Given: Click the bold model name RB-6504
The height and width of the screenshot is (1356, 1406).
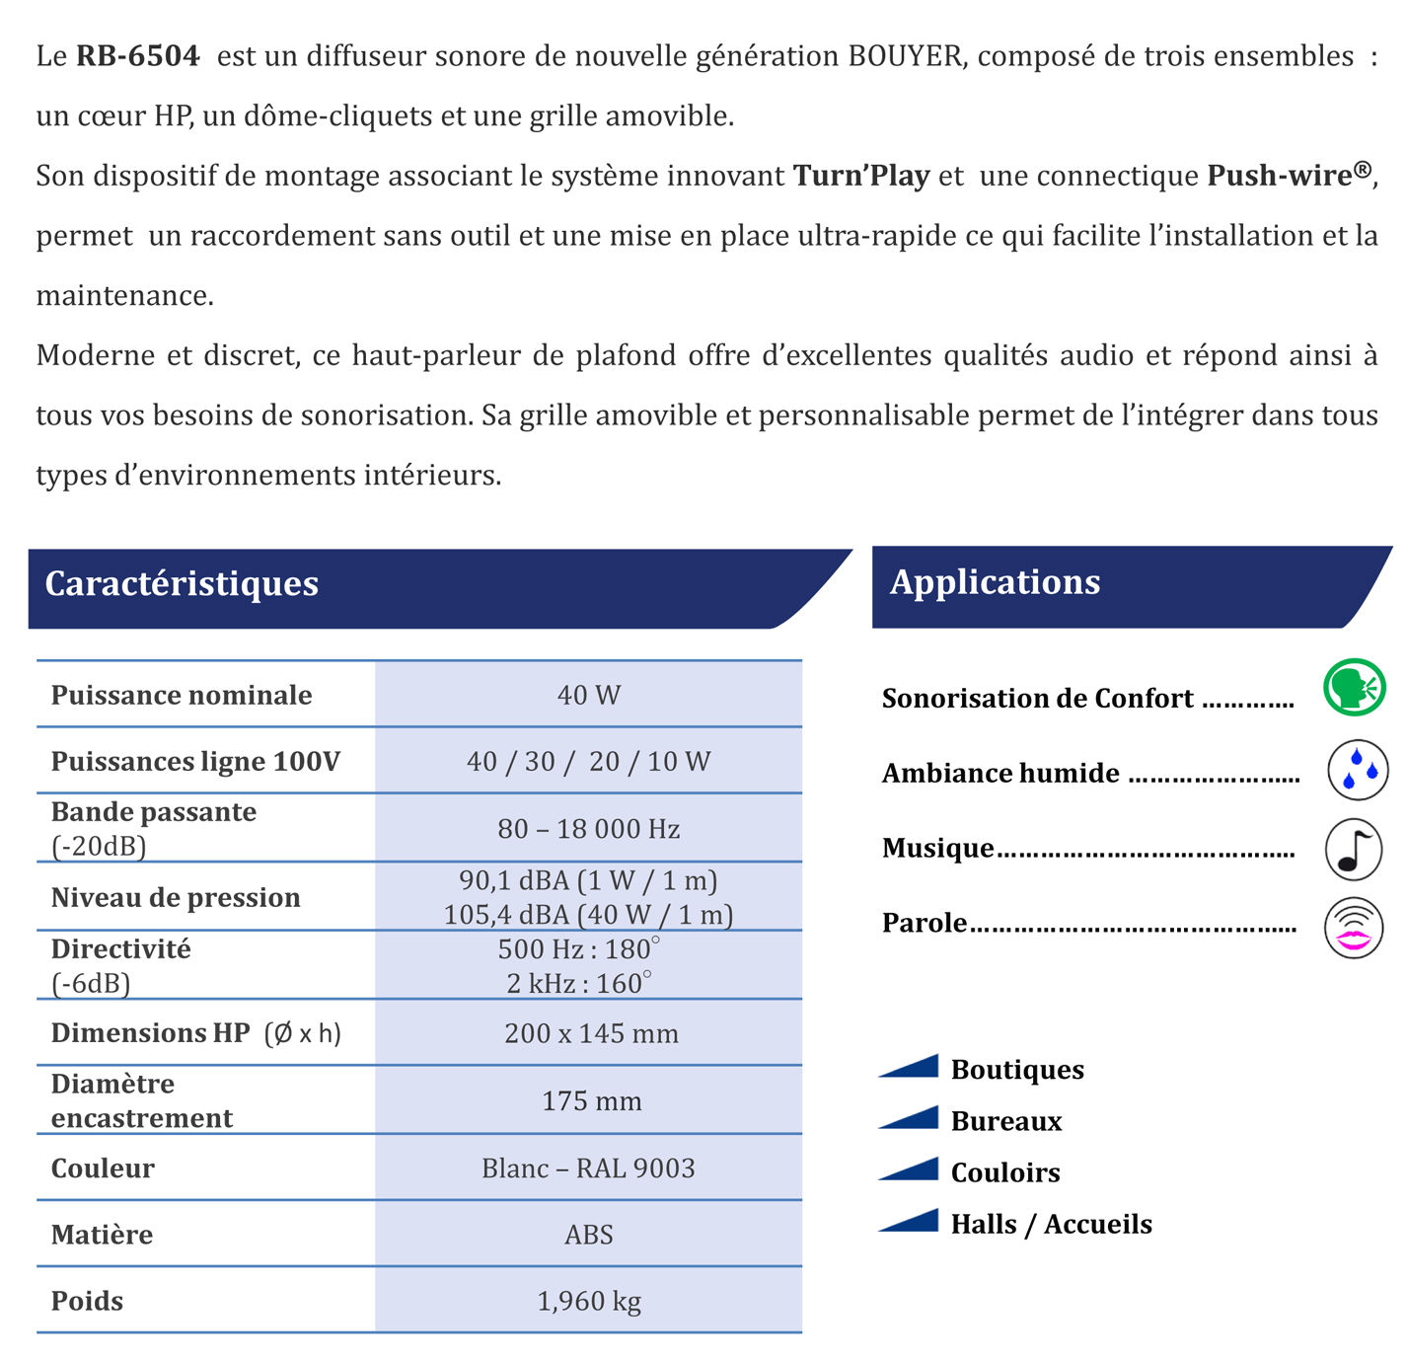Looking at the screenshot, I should (137, 56).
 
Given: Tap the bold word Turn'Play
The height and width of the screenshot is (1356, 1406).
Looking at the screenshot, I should (861, 176).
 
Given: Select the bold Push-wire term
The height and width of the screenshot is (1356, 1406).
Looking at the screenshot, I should (1280, 176).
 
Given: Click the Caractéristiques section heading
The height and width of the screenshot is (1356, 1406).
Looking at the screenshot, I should (182, 583).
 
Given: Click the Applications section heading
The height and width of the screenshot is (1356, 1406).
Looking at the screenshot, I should (995, 582).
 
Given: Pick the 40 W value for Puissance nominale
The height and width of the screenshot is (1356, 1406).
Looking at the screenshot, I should (589, 696).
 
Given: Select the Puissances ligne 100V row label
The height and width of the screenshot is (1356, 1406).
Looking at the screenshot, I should (195, 762).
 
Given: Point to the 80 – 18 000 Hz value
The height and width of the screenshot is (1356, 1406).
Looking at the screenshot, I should (589, 829).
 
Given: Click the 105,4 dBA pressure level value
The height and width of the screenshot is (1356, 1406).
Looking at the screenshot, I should (589, 915).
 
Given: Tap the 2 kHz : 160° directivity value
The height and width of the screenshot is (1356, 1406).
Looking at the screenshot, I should (579, 984).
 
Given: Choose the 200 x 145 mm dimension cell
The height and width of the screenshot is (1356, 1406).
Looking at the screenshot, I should (591, 1033).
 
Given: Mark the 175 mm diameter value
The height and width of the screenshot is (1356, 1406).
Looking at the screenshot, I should (591, 1100).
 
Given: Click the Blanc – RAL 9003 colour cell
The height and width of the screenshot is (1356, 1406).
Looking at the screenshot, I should (589, 1168).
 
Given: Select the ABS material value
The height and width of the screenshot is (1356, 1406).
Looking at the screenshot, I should (589, 1235).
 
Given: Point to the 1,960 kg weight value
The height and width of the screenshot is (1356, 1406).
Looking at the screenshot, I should (589, 1301).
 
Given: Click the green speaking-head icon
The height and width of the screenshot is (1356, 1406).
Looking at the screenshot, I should (1354, 688).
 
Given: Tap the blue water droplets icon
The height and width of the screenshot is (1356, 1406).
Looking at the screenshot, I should (1358, 770).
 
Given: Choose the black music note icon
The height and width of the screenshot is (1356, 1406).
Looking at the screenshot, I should (1354, 849).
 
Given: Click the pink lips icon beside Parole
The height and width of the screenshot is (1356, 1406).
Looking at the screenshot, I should (1354, 929).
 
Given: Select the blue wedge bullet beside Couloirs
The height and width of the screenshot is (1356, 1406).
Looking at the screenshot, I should (910, 1170).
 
